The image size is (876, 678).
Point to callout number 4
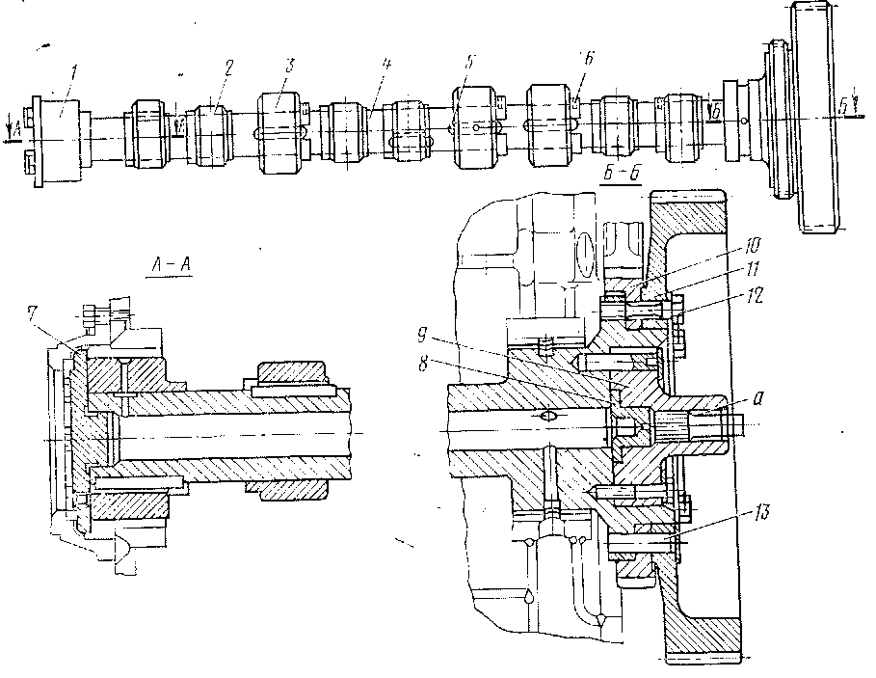385,66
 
